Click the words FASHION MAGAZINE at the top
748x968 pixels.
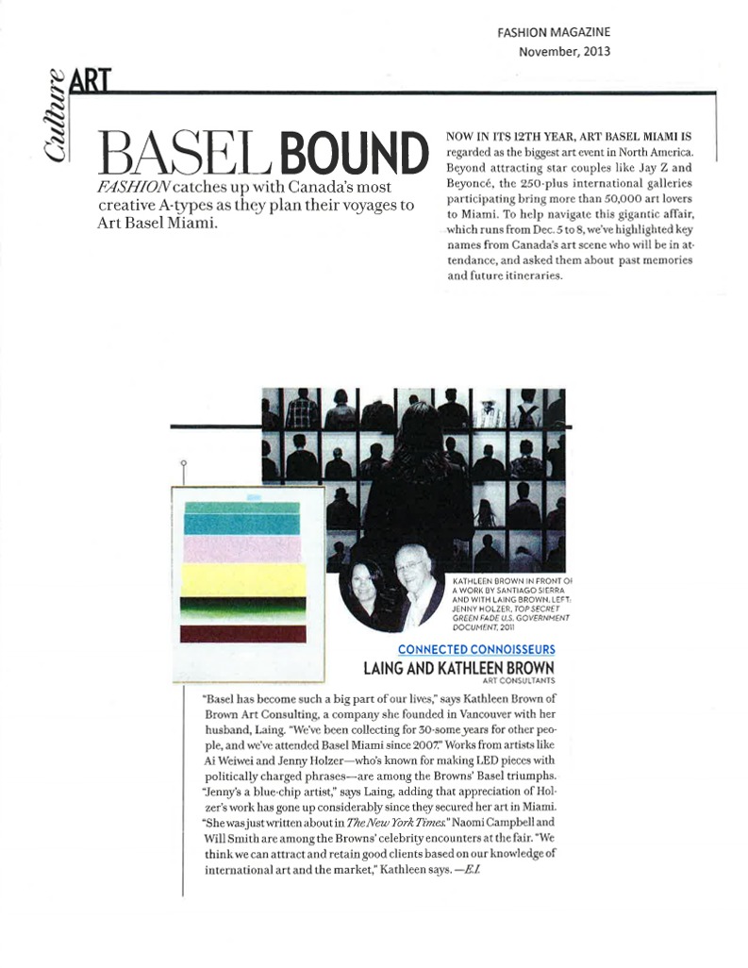pyautogui.click(x=554, y=33)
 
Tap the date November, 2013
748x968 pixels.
pyautogui.click(x=564, y=51)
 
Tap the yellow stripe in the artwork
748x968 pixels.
pyautogui.click(x=243, y=577)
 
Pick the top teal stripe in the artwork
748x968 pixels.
pyautogui.click(x=242, y=508)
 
